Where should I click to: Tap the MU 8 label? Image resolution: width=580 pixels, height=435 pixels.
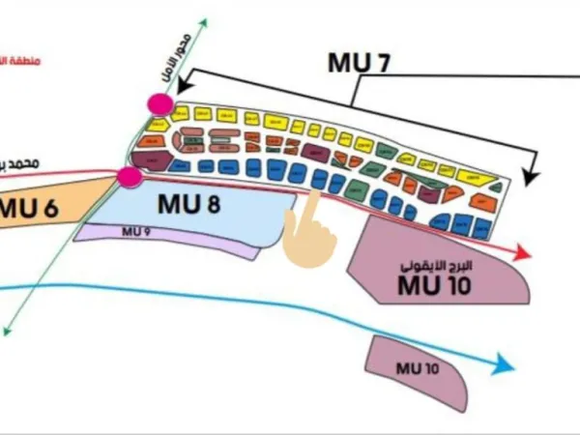(x=188, y=204)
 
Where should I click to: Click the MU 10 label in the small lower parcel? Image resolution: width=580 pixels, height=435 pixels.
(x=417, y=367)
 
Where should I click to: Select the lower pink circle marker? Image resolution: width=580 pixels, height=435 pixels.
(x=130, y=176)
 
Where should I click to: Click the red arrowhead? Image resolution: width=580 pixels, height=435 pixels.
(x=523, y=254)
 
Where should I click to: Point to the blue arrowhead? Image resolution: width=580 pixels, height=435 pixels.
(x=504, y=365)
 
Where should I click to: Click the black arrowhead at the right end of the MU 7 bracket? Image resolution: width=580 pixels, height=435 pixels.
(x=530, y=176)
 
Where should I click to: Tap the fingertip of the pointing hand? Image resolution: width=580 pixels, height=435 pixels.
(x=312, y=193)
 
